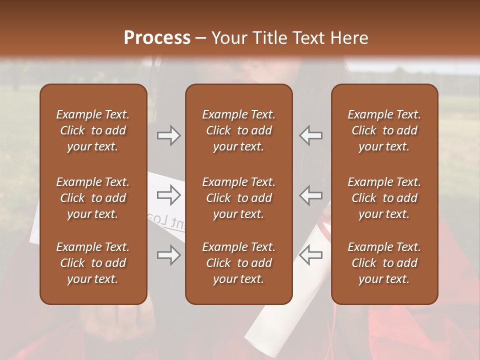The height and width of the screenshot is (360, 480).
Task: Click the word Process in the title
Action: click(x=157, y=37)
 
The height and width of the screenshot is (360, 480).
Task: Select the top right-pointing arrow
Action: click(x=169, y=135)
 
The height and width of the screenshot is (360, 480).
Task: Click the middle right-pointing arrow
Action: click(x=169, y=195)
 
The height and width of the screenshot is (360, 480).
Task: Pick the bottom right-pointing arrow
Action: click(x=169, y=255)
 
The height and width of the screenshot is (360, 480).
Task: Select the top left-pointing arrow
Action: click(x=311, y=135)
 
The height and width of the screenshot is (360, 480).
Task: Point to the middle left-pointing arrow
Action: click(x=311, y=195)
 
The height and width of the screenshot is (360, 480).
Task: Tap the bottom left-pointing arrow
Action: click(x=311, y=255)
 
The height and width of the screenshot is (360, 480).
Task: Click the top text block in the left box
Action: click(x=93, y=130)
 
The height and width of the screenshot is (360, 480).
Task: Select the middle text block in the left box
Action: click(x=93, y=198)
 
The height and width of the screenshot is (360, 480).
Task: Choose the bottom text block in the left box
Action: click(x=93, y=263)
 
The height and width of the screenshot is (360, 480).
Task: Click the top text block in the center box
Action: click(x=238, y=130)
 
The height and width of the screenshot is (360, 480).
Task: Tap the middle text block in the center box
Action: click(x=238, y=198)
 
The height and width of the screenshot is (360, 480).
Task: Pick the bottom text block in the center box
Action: click(x=238, y=263)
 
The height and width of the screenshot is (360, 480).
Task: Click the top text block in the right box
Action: click(x=384, y=130)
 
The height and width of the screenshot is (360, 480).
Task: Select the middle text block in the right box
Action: click(x=384, y=198)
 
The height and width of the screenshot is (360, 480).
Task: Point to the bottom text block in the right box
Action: click(x=384, y=263)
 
